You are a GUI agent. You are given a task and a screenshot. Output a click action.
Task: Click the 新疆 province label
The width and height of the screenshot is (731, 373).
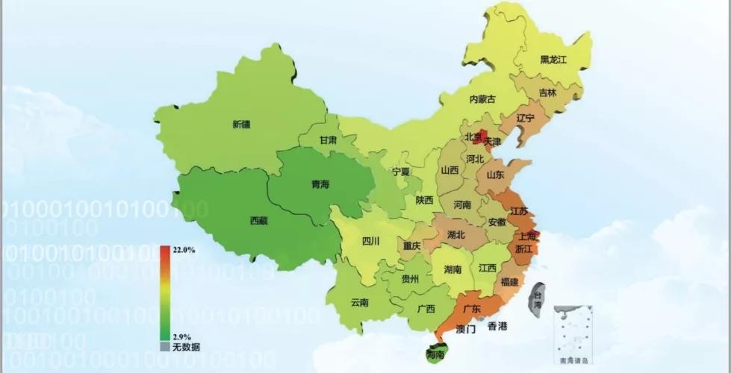click(241, 124)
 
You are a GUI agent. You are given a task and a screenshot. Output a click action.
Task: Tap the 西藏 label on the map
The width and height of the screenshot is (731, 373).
click(258, 221)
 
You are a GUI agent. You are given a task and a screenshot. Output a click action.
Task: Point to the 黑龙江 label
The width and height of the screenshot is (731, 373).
click(555, 59)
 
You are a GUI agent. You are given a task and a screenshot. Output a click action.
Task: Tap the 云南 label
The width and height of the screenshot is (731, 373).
click(359, 303)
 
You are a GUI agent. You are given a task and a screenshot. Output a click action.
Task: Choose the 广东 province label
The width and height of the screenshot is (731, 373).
click(471, 309)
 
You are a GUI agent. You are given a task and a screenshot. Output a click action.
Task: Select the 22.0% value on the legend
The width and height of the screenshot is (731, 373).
click(184, 250)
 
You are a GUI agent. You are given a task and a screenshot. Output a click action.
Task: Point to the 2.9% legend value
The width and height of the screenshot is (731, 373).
click(182, 337)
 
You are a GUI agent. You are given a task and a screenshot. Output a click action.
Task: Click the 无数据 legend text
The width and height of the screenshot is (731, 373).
click(186, 347)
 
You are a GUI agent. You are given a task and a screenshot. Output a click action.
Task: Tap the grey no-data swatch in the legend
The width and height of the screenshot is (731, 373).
click(165, 347)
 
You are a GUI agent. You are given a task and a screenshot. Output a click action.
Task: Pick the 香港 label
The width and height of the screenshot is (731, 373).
click(497, 326)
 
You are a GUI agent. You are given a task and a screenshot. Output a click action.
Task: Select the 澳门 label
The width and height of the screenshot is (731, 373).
click(465, 329)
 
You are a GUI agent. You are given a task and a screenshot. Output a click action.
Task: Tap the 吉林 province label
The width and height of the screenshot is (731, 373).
click(547, 93)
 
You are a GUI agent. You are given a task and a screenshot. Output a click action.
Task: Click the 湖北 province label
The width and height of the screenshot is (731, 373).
click(456, 234)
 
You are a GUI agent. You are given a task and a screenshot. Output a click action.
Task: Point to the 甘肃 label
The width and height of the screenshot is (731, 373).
click(328, 140)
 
